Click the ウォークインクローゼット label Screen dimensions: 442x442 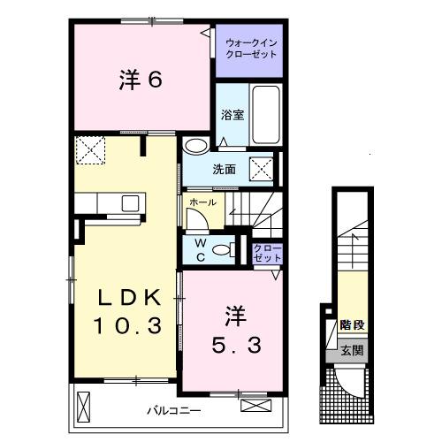pyautogui.click(x=251, y=49)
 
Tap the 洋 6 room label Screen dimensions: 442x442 pyautogui.click(x=141, y=80)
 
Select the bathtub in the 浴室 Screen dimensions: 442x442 pyautogui.click(x=266, y=114)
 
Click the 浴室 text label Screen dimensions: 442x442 pyautogui.click(x=232, y=115)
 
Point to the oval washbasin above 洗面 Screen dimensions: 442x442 pyautogui.click(x=195, y=146)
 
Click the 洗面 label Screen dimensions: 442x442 pyautogui.click(x=225, y=170)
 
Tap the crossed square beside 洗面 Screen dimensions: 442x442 pyautogui.click(x=262, y=168)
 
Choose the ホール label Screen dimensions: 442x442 pyautogui.click(x=203, y=202)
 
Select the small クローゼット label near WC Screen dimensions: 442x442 pyautogui.click(x=268, y=253)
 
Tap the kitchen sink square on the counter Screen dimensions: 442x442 pyautogui.click(x=130, y=203)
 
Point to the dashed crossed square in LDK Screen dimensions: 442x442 pyautogui.click(x=90, y=150)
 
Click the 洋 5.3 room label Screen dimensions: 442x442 pyautogui.click(x=236, y=330)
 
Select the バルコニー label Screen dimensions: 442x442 pyautogui.click(x=174, y=410)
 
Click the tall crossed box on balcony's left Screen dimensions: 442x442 pyautogui.click(x=84, y=408)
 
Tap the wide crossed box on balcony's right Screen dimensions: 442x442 pyautogui.click(x=255, y=406)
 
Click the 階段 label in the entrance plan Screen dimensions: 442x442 pyautogui.click(x=353, y=324)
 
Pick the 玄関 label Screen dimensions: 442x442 pyautogui.click(x=352, y=351)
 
